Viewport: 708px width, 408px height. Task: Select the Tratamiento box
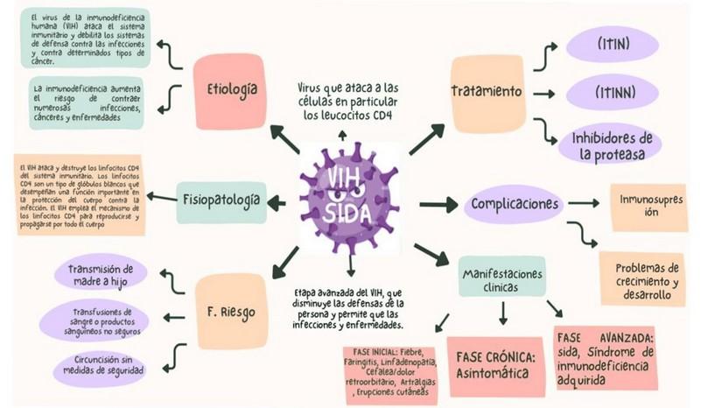pos(487,91)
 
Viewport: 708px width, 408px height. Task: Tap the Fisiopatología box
pos(220,200)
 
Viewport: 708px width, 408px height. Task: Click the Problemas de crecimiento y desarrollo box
pos(648,281)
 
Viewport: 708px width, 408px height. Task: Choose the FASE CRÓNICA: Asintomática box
pos(494,364)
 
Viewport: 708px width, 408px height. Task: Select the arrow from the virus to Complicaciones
pos(439,205)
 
